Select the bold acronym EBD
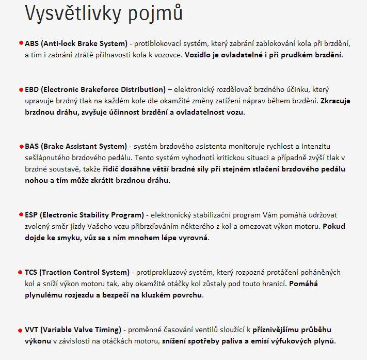(33, 89)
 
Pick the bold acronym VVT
(32, 330)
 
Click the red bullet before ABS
(21, 43)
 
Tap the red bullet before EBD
(21, 89)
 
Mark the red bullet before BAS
(21, 146)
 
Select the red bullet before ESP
(21, 215)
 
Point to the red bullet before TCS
(21, 272)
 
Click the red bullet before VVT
(21, 330)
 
